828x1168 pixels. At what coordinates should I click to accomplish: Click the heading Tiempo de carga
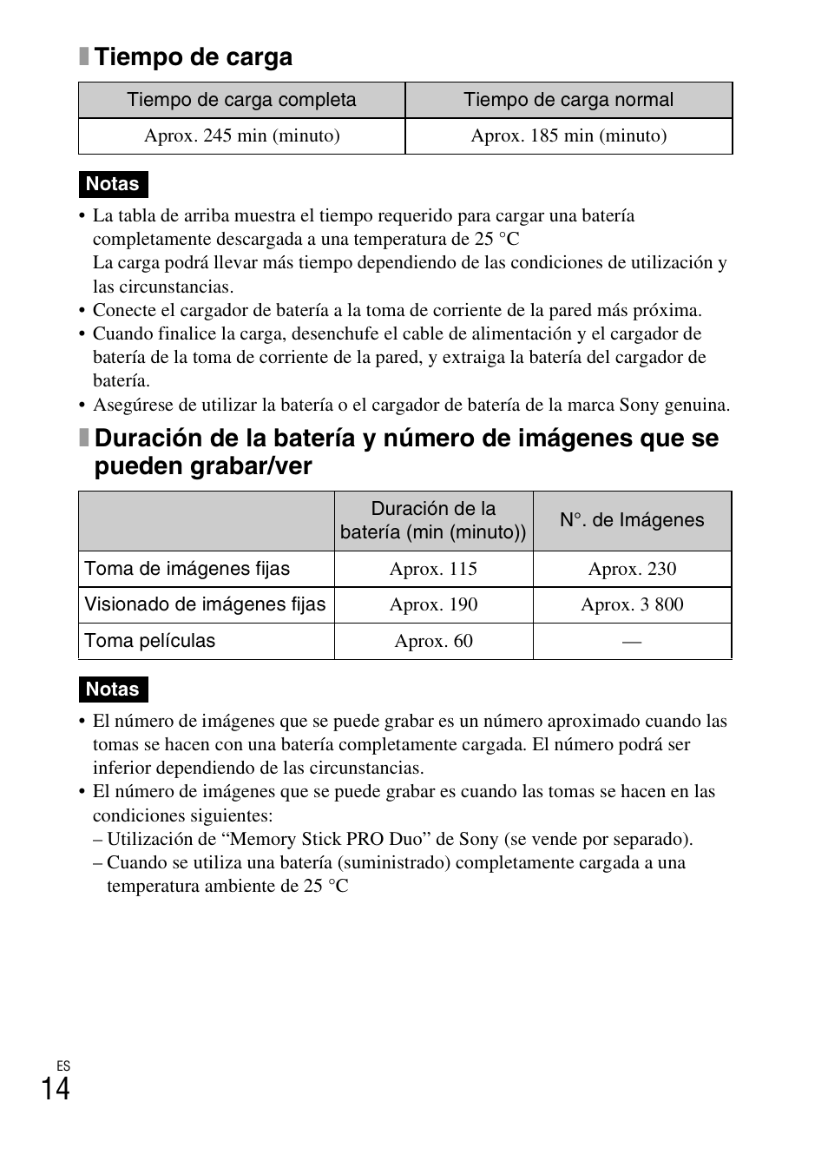pos(193,57)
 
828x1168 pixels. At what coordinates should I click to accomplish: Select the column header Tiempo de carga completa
pos(241,100)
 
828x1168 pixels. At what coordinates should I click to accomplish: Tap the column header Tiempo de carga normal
pos(568,100)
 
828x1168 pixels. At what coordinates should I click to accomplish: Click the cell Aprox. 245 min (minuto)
pos(241,135)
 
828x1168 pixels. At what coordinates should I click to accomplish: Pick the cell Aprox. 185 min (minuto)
pos(568,135)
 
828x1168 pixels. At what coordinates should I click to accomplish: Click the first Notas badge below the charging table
pos(113,184)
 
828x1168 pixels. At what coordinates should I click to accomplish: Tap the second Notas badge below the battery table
pos(113,690)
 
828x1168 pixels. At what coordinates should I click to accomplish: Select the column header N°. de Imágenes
pos(632,520)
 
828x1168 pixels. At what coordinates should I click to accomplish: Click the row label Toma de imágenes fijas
pos(187,569)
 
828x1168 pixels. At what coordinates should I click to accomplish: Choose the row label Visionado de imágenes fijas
pos(205,604)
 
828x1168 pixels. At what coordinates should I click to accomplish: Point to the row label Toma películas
pos(150,641)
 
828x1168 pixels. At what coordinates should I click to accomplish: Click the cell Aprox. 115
pos(433,569)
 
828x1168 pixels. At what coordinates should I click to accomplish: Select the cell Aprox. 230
pos(632,569)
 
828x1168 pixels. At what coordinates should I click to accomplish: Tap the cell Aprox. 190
pos(433,604)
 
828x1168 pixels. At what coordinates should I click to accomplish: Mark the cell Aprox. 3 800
pos(632,604)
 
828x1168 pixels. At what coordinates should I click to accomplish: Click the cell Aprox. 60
pos(433,641)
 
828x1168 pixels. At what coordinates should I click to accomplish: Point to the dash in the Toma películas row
pos(632,642)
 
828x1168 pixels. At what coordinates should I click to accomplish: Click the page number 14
pos(56,1089)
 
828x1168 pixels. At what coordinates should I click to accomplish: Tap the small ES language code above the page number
pos(62,1066)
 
